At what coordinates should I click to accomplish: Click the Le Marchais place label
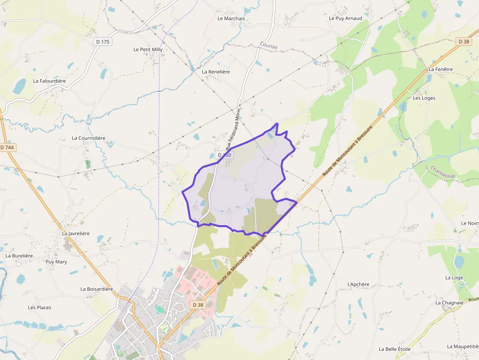[231, 19]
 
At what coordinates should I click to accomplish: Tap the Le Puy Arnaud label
[346, 19]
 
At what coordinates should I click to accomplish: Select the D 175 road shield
[103, 42]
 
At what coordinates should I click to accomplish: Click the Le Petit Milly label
[148, 49]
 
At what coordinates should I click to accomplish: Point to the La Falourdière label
[49, 81]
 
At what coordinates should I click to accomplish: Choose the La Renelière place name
[216, 71]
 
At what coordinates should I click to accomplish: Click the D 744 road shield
[7, 148]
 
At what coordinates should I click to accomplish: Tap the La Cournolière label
[88, 138]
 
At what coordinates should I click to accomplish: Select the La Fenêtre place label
[440, 69]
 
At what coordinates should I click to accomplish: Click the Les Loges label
[424, 98]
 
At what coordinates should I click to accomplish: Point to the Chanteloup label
[443, 171]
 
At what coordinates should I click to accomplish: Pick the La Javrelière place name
[76, 233]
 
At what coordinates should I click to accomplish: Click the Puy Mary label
[56, 261]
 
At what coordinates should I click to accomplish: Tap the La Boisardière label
[97, 289]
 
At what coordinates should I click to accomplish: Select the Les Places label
[40, 307]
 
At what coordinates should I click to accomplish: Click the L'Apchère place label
[358, 284]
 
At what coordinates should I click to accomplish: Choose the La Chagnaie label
[449, 302]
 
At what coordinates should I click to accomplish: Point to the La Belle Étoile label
[394, 349]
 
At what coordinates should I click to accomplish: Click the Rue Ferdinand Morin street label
[233, 129]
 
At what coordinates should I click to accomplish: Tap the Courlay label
[269, 46]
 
